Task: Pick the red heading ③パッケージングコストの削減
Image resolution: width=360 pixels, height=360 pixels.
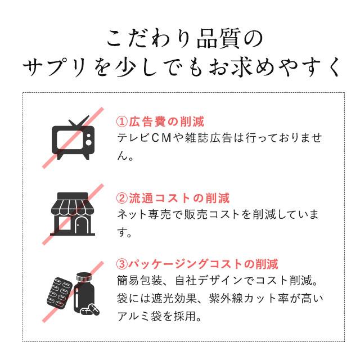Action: [x=197, y=264]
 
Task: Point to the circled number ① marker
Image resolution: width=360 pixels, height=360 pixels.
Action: [x=122, y=121]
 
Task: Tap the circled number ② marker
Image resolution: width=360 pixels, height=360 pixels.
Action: [x=122, y=198]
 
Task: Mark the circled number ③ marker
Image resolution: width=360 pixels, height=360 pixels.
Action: [x=122, y=264]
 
